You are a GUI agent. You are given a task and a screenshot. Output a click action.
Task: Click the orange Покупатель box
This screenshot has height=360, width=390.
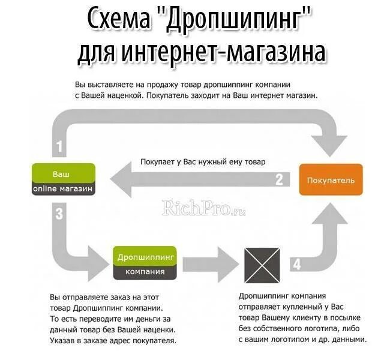pos(331,179)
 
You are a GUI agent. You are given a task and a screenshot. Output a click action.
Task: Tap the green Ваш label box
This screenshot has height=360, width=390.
pos(63,173)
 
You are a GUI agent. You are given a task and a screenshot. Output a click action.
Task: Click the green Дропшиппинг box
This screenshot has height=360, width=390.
pos(145,256)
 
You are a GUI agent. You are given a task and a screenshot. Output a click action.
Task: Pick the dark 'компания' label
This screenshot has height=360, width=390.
pos(145,272)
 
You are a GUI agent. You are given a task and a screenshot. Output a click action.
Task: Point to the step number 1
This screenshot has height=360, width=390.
pos(59,146)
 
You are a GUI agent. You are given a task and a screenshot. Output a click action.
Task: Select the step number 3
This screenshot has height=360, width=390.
pos(59,213)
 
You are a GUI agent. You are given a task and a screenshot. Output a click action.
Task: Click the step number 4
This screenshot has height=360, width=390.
pos(296,263)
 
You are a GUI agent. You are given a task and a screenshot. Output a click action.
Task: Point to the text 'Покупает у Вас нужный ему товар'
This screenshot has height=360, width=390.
pos(203,161)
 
